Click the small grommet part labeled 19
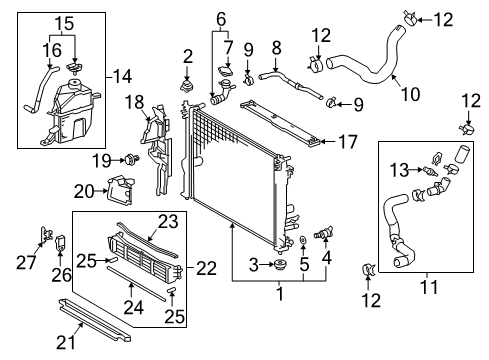[130, 158]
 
